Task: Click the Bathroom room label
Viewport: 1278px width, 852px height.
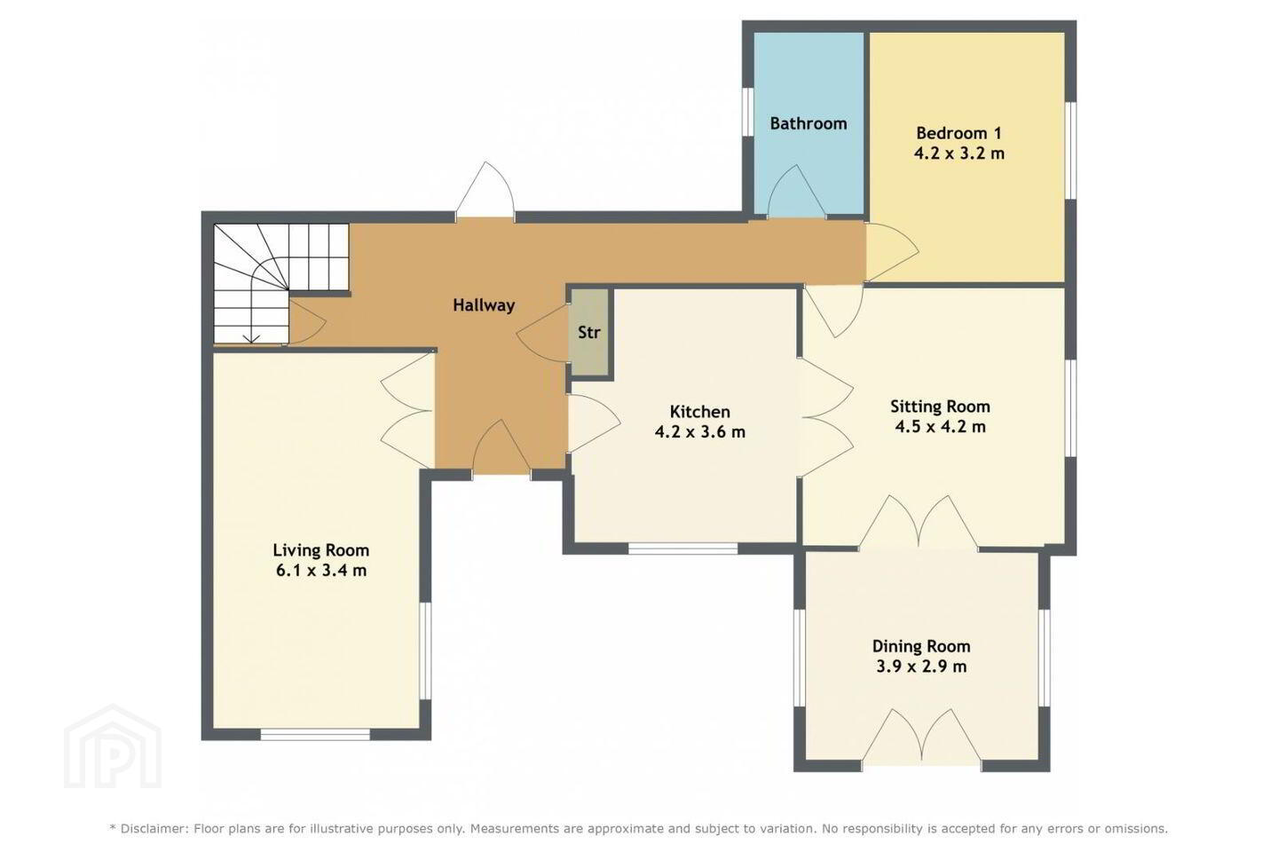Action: (x=808, y=123)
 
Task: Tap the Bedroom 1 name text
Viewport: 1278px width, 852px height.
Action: (x=958, y=133)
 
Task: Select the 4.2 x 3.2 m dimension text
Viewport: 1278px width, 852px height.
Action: (x=959, y=154)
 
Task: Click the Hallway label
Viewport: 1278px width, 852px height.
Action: (x=484, y=305)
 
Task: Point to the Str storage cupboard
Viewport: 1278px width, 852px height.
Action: (x=589, y=332)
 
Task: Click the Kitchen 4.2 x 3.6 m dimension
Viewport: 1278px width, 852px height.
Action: (x=700, y=432)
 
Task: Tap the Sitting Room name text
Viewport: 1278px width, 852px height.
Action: (x=940, y=406)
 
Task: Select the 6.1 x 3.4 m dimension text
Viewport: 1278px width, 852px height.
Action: (x=321, y=570)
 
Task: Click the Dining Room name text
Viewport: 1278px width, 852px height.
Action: (x=921, y=646)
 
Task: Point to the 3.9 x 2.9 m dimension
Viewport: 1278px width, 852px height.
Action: (x=921, y=667)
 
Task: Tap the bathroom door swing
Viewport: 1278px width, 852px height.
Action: (x=796, y=191)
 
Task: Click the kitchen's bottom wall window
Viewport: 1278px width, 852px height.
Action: (x=683, y=549)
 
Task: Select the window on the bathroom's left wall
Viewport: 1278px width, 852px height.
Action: (x=748, y=111)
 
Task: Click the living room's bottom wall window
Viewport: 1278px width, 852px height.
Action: (x=316, y=735)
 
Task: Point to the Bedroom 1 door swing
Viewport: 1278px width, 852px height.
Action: (x=892, y=252)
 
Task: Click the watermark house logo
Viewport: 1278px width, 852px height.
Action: (x=113, y=746)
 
